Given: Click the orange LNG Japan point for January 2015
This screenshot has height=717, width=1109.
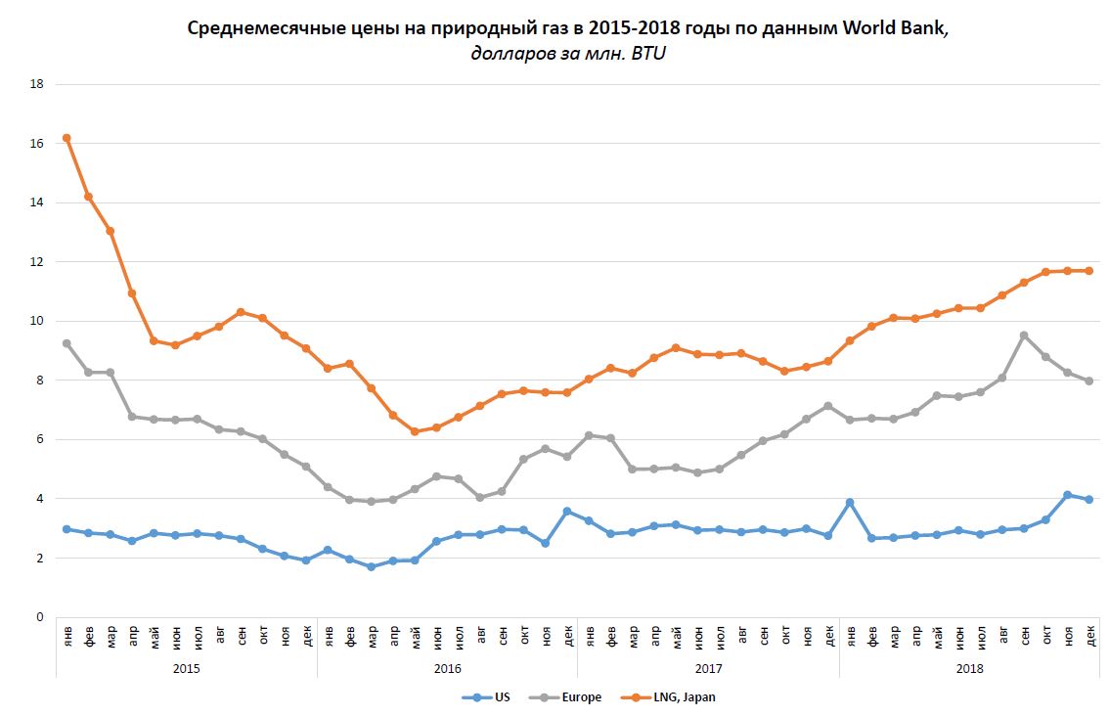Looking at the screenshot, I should coord(67,138).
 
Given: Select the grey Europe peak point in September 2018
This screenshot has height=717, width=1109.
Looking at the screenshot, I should coord(1024,336).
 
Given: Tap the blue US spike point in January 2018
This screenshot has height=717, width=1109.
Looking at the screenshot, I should coord(850,503).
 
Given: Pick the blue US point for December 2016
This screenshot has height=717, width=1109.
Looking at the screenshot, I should coord(567,511).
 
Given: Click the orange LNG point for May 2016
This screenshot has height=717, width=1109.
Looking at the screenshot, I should coord(415,431).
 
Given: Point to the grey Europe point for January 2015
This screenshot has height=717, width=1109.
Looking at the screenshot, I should coord(67,343).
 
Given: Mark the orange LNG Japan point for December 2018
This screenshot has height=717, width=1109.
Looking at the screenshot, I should coord(1089,271).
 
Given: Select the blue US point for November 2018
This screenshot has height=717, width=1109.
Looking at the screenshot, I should coord(1068,495).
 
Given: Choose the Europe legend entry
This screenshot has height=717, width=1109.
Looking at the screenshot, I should coord(570,697).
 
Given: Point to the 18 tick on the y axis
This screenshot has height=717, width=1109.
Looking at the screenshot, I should coord(37,84).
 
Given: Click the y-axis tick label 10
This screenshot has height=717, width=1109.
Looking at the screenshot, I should coord(37,321).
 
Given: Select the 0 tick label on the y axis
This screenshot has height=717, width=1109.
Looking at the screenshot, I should coord(40,617).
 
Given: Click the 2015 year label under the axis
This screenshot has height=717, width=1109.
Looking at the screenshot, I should coord(186,668).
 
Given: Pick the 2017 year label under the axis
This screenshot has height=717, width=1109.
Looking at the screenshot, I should coord(708,668).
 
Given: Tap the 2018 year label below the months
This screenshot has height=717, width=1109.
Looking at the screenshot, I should coord(969,668).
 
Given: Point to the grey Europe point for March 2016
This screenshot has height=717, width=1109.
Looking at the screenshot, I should coord(371,501).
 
